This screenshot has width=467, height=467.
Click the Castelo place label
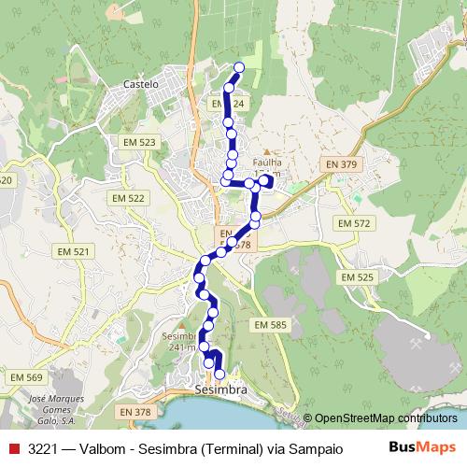coord(142,83)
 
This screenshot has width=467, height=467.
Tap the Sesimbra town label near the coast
coord(222,389)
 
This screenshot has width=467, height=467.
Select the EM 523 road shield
coord(138,142)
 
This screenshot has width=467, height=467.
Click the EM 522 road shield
coord(131,198)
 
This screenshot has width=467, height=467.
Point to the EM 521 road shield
coord(73,252)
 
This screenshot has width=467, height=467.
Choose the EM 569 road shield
coord(27,376)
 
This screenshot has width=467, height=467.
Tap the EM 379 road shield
coord(342,164)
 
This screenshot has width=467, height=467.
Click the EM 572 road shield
coord(355,223)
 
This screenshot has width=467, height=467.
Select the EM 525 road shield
coord(357,277)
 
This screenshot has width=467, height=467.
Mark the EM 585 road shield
coord(271,324)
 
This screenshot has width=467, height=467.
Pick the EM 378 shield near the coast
coord(136,412)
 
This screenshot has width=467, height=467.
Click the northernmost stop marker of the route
coord(239,66)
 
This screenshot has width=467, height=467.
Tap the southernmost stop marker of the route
coord(219,375)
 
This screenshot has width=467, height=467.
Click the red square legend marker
coord(13,448)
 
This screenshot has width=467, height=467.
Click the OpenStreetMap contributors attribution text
coord(385,417)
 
